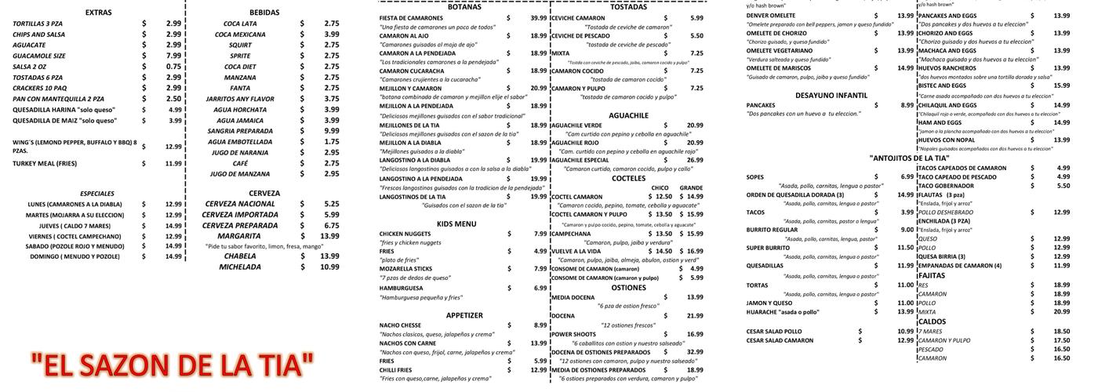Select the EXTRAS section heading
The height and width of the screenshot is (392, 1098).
pos(98,13)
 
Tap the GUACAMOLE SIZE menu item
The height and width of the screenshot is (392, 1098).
pos(39,56)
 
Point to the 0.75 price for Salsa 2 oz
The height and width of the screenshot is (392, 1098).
pos(173,67)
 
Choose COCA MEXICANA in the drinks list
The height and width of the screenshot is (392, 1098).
pos(240,34)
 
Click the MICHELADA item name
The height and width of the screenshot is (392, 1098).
pos(240,267)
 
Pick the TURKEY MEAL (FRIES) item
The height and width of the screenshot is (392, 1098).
pos(45,163)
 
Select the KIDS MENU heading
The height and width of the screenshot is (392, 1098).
pos(456,224)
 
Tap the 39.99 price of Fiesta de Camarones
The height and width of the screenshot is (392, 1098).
pos(538,17)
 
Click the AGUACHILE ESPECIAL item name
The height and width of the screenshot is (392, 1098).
pos(580,160)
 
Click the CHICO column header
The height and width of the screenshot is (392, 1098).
pos(660,187)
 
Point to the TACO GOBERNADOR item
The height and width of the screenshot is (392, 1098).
pos(951,186)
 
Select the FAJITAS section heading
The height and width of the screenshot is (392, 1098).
pos(931,275)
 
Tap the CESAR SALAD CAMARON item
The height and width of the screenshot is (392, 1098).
pos(780,340)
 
